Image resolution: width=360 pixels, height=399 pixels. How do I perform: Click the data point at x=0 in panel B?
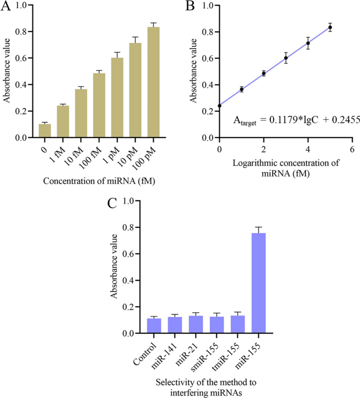pos(220,106)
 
